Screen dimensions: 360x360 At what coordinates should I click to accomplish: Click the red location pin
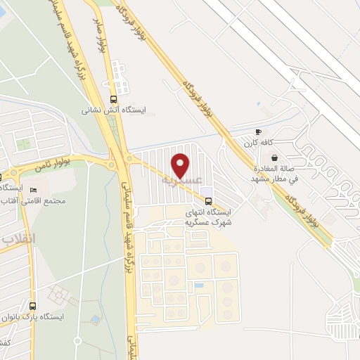181,165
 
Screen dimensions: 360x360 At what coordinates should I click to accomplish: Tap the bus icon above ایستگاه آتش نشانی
114,99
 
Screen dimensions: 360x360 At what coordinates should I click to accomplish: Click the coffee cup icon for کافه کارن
258,131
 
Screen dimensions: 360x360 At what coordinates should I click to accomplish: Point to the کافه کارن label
258,143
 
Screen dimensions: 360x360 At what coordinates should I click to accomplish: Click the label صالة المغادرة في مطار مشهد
275,174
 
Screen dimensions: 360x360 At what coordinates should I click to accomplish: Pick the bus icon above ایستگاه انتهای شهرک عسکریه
206,201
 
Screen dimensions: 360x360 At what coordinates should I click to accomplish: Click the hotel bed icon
33,189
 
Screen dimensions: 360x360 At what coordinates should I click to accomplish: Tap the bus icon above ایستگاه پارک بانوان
32,306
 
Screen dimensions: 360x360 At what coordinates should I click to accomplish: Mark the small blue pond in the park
94,320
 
